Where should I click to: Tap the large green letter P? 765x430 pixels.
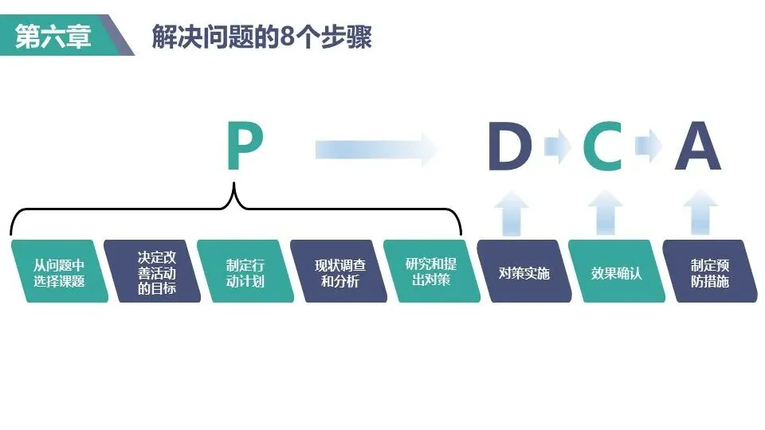point(244,147)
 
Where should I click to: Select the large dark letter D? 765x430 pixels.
point(509,148)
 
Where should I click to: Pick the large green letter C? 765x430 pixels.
point(602,148)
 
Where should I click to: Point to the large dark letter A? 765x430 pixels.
point(698,148)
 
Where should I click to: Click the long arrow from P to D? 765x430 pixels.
point(375,148)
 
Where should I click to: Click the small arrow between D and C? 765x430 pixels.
point(556,147)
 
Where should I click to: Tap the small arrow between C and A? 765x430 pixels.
point(649,147)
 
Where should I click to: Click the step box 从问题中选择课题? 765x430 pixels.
point(59,272)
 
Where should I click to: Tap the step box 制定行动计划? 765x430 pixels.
point(245,272)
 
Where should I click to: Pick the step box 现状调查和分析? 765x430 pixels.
point(338,272)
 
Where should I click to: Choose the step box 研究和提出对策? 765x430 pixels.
point(431,272)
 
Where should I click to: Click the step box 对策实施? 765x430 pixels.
point(524,272)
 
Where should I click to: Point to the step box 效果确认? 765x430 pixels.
point(617,272)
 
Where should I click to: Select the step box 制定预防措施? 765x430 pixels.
point(710,272)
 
